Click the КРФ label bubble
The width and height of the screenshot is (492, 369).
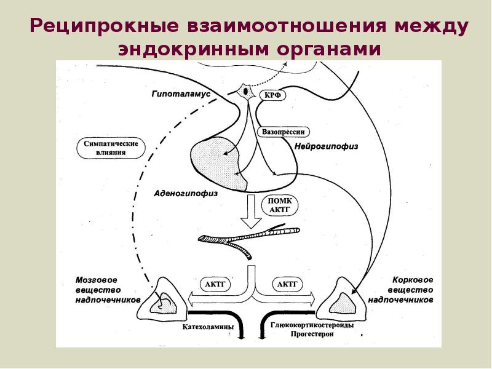[272, 95]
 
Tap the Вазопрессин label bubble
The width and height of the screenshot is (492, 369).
[283, 132]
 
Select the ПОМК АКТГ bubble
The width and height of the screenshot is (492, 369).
[280, 205]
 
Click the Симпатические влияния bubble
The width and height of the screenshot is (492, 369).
[111, 148]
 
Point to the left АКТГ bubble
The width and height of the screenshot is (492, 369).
[215, 284]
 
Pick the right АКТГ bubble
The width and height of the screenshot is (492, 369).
[287, 284]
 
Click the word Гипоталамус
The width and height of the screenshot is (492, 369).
[181, 94]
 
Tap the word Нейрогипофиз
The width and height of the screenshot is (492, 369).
[327, 146]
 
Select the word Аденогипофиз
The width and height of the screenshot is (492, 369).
[186, 193]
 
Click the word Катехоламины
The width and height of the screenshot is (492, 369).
[208, 327]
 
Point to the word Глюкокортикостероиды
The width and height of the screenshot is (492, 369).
[312, 325]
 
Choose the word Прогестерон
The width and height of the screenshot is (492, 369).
[312, 334]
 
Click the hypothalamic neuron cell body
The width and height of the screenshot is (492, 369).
[245, 92]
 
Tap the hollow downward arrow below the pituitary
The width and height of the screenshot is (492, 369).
[251, 212]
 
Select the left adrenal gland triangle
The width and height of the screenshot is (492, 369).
[162, 298]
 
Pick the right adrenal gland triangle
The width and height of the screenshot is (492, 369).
[343, 298]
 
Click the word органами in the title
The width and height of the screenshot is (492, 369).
[329, 50]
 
